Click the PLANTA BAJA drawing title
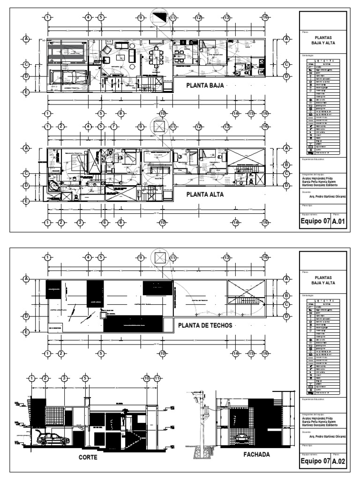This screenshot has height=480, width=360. tap(206, 85)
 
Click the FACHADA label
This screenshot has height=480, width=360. tap(256, 454)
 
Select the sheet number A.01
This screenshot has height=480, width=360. tap(338, 222)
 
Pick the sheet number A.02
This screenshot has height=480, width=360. tap(338, 461)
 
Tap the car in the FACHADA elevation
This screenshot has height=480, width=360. tap(241, 439)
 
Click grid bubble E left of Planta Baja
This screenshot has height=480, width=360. tap(27, 92)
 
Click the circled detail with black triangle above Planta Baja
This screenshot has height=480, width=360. tap(160, 15)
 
